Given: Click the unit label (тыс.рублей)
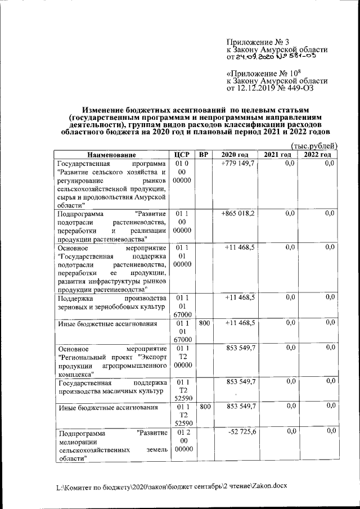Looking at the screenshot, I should (312, 146).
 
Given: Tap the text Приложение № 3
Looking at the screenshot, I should (257, 42).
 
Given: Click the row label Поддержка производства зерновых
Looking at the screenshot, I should (112, 303).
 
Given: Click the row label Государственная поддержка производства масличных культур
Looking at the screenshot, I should (112, 386).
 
